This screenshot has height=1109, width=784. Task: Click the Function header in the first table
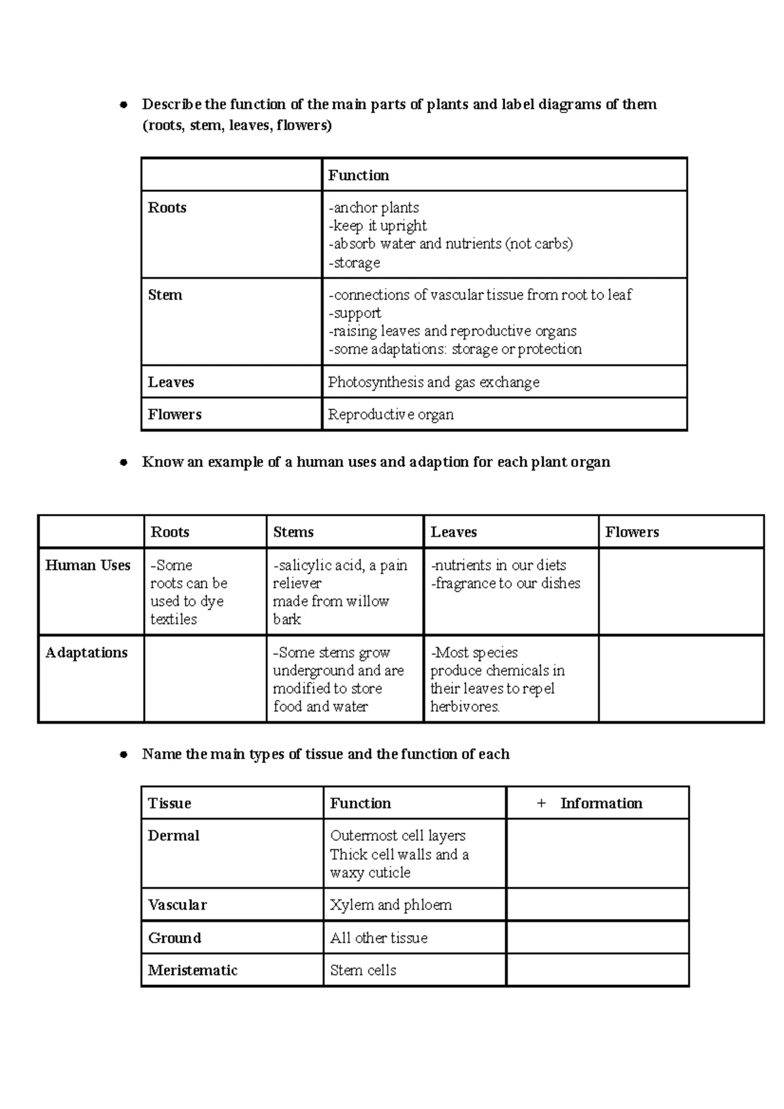point(359,175)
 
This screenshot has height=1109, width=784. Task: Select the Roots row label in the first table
point(167,208)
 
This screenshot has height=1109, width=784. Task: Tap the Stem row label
point(165,295)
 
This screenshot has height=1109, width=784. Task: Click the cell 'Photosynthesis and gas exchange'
point(434,382)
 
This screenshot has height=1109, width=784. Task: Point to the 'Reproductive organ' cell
point(391,415)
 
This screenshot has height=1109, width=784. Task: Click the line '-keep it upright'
point(378,226)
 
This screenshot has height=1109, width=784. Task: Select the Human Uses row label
point(88,566)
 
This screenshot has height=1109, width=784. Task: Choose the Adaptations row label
point(86,652)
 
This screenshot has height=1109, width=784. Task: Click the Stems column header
point(293,532)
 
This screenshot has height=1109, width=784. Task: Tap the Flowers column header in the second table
point(632,532)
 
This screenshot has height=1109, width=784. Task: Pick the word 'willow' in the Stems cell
point(368,602)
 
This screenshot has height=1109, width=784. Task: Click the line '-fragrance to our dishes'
point(506,583)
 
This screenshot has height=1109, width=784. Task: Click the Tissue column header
point(170,803)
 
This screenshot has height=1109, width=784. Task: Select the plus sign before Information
point(541,803)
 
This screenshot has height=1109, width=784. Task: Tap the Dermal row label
point(174,836)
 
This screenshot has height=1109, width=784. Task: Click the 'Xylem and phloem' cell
point(391,905)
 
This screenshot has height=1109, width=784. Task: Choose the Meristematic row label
point(193,971)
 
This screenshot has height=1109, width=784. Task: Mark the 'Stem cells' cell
point(363,971)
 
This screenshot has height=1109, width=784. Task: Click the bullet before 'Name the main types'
point(123,755)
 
